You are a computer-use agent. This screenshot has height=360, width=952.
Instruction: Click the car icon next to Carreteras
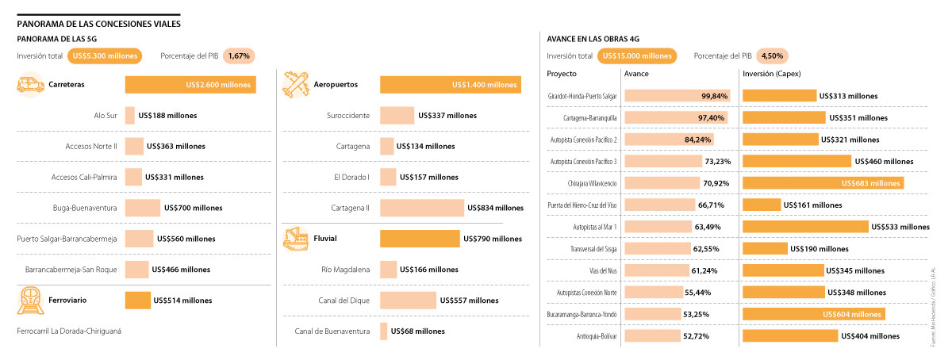click(x=30, y=85)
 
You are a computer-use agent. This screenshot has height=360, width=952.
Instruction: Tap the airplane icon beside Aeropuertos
click(x=296, y=85)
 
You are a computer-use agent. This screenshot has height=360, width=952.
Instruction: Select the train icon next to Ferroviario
click(x=30, y=301)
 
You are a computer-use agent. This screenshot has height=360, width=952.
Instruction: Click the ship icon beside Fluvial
click(x=296, y=238)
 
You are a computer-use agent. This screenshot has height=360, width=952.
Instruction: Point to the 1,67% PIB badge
click(x=238, y=56)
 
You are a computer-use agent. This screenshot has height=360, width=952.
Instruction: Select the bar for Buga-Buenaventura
click(x=143, y=208)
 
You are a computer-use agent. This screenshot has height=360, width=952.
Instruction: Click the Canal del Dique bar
click(x=408, y=301)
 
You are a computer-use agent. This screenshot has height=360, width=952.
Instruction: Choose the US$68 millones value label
click(x=420, y=331)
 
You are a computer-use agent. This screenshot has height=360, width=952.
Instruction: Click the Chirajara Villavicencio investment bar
click(x=823, y=183)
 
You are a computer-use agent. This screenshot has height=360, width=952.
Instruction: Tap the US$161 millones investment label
click(x=814, y=205)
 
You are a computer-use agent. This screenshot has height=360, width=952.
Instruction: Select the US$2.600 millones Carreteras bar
click(x=190, y=85)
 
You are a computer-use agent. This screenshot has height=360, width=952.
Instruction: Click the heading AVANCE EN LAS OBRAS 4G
click(x=593, y=38)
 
